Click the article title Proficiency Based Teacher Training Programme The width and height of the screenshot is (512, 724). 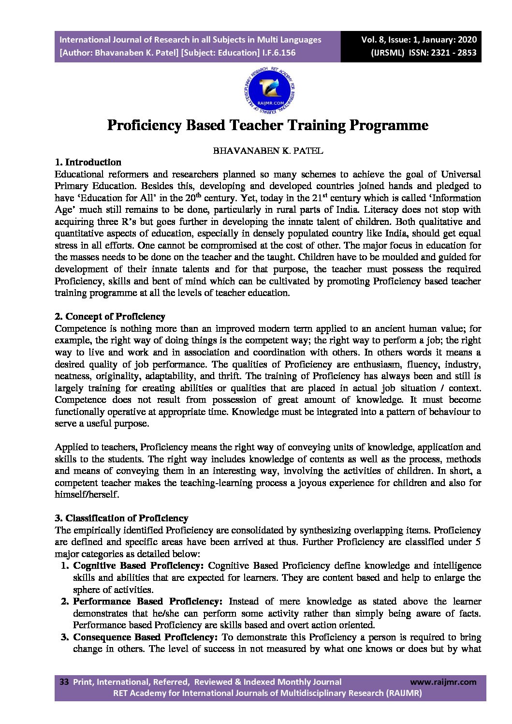click(x=267, y=125)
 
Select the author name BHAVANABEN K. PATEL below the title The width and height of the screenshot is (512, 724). click(x=268, y=150)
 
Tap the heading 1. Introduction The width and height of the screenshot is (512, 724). click(x=88, y=162)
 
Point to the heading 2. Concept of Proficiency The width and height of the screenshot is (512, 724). click(x=110, y=316)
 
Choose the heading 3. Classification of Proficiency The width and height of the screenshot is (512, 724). click(x=121, y=518)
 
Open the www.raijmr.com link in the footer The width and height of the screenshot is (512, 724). click(x=443, y=682)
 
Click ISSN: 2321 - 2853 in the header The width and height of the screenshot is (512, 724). click(x=442, y=53)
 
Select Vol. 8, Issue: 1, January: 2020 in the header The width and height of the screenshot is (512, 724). click(x=419, y=40)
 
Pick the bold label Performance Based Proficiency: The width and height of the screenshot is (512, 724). click(x=147, y=601)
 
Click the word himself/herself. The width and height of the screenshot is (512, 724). click(x=87, y=494)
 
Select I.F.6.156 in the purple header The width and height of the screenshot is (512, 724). click(x=279, y=53)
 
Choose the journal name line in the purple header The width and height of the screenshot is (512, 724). click(x=190, y=40)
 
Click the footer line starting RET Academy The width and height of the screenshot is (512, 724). click(x=267, y=693)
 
